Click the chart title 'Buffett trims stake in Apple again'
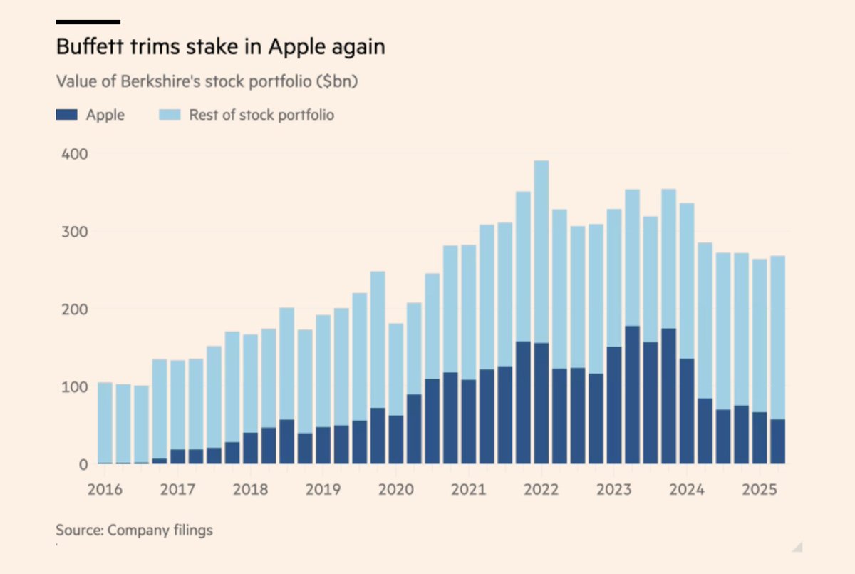point(220,48)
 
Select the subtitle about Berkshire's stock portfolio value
point(207,81)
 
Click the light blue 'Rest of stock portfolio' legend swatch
point(170,115)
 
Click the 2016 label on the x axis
point(105,491)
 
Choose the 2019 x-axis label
point(323,491)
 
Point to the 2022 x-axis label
point(541,491)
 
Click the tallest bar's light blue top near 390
point(541,250)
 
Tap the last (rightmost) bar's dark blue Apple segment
point(777,442)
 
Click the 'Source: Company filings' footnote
point(134,530)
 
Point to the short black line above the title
point(88,22)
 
